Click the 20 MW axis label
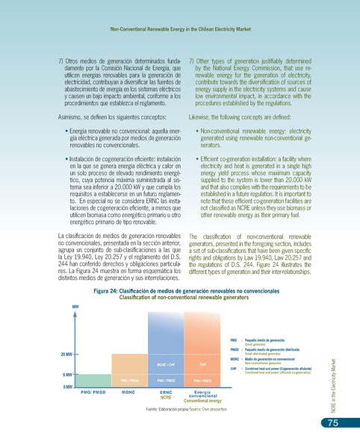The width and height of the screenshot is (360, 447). coord(65,354)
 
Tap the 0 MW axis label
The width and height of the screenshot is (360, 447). coord(66,386)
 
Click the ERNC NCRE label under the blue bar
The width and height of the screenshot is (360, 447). coord(167,393)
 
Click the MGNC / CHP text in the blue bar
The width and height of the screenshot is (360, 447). coord(167,365)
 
